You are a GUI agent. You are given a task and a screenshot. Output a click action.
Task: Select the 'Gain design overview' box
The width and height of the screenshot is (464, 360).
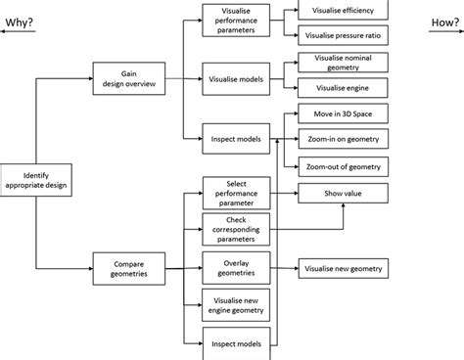[x=128, y=77]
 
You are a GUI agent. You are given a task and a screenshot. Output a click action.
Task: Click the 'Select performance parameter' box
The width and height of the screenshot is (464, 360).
[x=236, y=194]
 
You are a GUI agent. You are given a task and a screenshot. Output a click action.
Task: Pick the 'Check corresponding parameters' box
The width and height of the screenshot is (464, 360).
[x=236, y=230]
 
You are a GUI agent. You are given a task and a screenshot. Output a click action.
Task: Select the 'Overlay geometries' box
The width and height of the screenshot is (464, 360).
[x=236, y=266]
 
